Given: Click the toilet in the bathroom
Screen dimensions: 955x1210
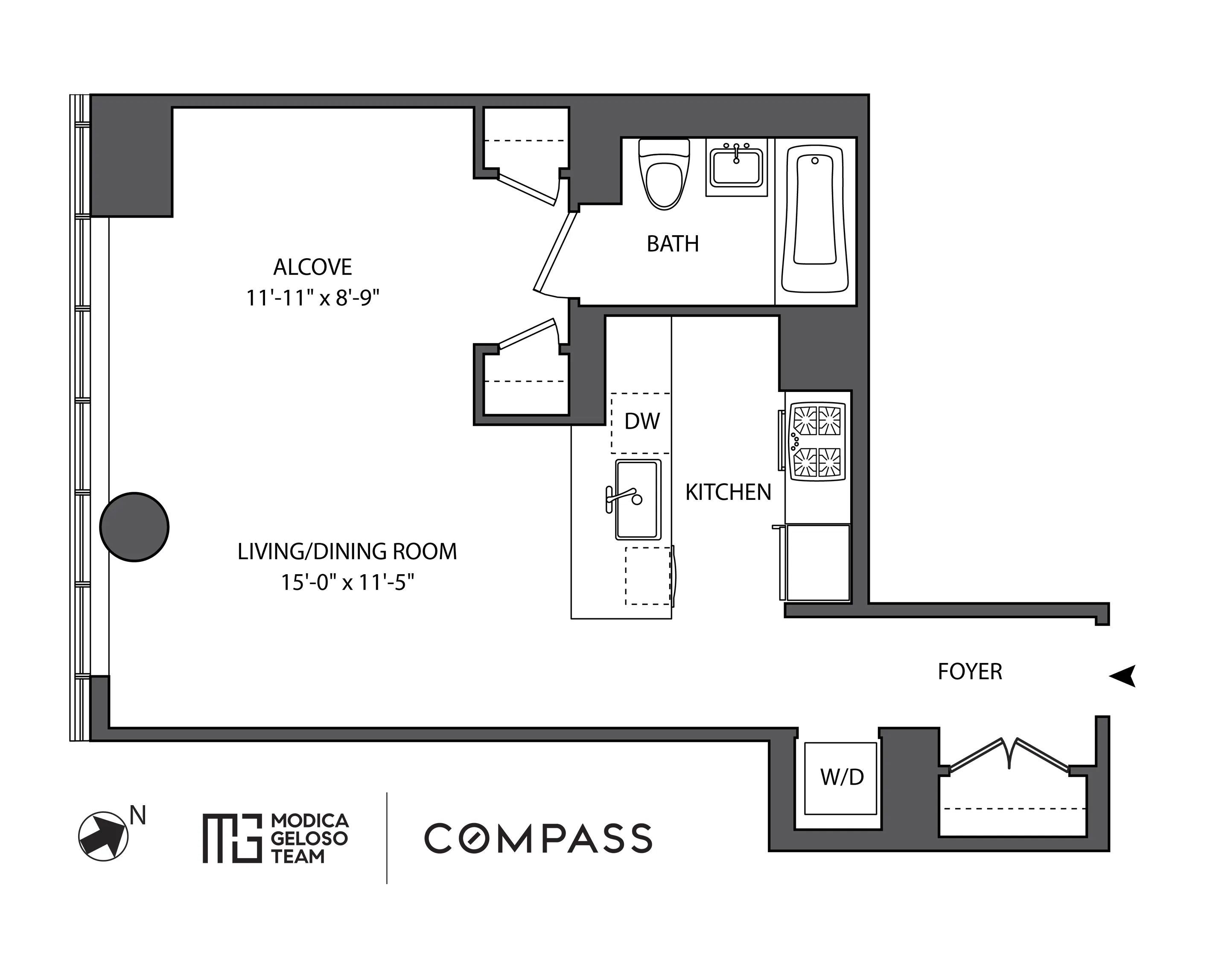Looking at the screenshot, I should click(664, 175).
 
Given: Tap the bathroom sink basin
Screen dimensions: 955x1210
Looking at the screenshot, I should click(736, 166).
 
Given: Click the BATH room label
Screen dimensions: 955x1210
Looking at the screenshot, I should click(672, 244).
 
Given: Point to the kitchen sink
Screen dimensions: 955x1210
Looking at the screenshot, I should click(638, 499).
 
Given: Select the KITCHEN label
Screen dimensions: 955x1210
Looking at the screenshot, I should click(728, 493).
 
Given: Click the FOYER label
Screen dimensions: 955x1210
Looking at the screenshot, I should click(970, 672).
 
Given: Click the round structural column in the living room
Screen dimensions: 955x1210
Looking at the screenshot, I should click(134, 527).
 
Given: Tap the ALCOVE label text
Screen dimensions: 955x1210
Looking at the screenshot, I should click(312, 267).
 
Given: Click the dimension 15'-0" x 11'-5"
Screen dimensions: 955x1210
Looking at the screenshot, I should click(347, 583).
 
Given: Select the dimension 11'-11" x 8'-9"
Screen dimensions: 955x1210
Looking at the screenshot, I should click(312, 298).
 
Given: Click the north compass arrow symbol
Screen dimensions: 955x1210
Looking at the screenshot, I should click(103, 836).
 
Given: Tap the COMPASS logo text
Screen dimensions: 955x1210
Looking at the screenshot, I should click(538, 838).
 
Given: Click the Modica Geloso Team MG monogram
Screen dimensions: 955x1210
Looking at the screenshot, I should click(231, 838).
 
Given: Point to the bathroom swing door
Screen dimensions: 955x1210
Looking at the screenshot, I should click(555, 252).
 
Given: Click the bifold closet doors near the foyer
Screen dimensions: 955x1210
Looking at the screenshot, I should click(1009, 755).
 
